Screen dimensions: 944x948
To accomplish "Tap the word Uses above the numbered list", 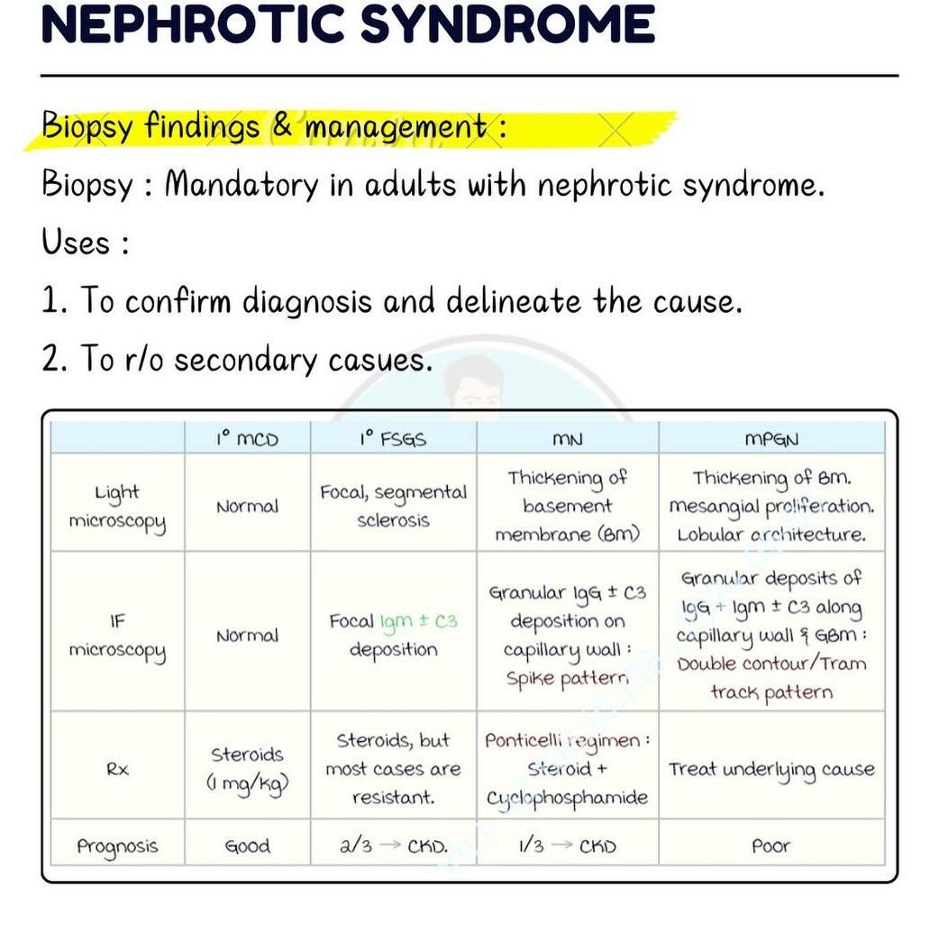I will click(76, 243).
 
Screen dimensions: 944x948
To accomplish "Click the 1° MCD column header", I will click(247, 439).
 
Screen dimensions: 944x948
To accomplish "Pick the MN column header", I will click(567, 439).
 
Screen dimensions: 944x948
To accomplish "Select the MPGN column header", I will click(771, 439).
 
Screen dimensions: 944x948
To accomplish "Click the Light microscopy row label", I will click(117, 507).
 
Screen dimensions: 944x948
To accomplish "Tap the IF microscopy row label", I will click(117, 635).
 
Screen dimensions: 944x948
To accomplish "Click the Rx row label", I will click(117, 769).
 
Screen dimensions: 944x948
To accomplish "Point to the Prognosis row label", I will click(117, 846).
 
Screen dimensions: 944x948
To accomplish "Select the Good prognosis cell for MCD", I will click(247, 846).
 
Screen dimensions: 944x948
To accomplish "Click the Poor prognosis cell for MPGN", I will click(771, 846).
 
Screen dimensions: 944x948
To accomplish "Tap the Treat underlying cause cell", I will click(771, 769).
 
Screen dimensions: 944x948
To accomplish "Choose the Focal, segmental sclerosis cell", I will click(393, 506).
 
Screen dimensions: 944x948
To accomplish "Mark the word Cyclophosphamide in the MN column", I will click(567, 798).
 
